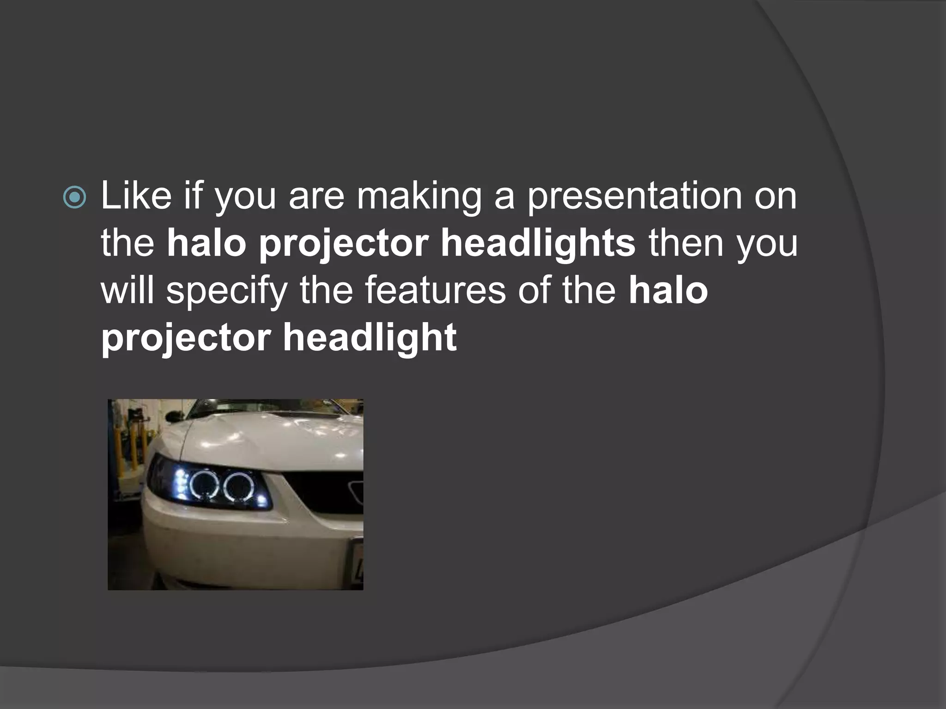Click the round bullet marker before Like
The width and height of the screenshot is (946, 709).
pos(74,198)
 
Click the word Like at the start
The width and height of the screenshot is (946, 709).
pos(136,196)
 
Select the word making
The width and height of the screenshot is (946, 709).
pos(418,198)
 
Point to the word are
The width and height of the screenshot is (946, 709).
pos(316,198)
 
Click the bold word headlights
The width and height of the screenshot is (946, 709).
pos(538,244)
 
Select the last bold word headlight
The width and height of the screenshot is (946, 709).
pos(370,338)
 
